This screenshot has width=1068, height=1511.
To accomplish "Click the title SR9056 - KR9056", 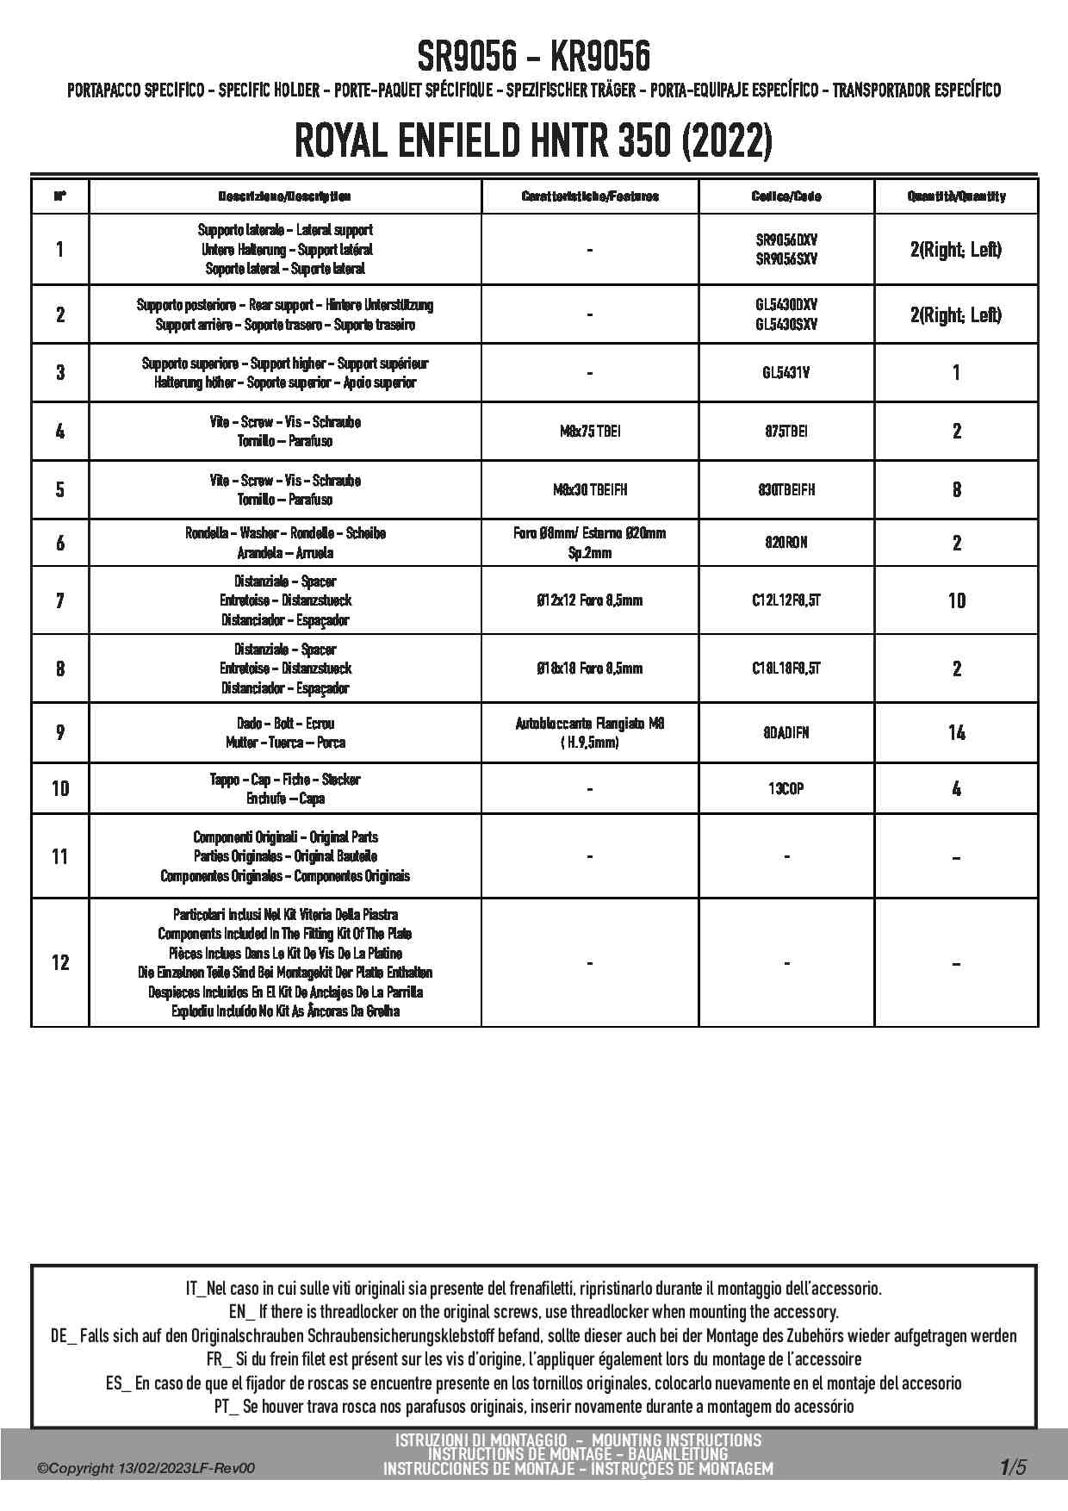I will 533,57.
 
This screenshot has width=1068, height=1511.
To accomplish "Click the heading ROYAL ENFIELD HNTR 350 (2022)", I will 533,141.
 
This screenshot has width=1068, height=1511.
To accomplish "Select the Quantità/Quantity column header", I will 956,196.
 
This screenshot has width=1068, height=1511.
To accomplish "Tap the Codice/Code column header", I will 786,196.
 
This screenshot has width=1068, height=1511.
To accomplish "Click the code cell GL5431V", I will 786,373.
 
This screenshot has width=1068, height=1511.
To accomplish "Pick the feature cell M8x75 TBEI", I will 590,432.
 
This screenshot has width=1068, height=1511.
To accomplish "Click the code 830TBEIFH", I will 786,490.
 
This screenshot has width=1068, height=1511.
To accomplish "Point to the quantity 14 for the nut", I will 956,733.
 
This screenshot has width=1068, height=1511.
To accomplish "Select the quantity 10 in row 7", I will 956,600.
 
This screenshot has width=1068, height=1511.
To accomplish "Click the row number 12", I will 60,962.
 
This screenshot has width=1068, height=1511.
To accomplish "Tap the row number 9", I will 60,733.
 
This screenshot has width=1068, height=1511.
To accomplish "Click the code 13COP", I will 786,788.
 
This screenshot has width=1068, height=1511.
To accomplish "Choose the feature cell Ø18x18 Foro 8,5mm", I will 590,668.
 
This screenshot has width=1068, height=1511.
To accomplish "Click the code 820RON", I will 786,543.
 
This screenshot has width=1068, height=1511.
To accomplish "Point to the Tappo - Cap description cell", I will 285,788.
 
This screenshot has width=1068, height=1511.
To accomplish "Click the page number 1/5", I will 1013,1466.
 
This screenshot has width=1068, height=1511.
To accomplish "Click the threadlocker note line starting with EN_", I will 533,1312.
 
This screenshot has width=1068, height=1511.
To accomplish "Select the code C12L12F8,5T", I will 786,600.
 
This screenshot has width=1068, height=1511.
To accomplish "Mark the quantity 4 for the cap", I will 956,788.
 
